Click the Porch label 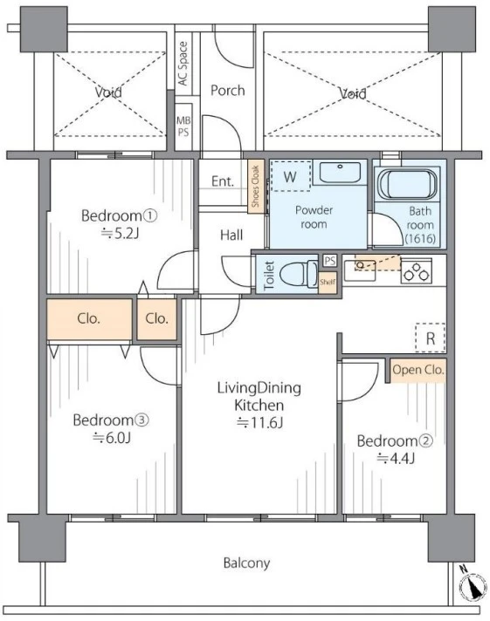(x=227, y=91)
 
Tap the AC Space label (x=183, y=64)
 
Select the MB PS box (x=183, y=126)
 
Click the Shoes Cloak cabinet (x=256, y=187)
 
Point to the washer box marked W (x=291, y=176)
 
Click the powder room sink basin (x=340, y=173)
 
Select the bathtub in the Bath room (x=407, y=185)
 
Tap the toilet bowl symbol (x=299, y=274)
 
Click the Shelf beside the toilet (x=328, y=283)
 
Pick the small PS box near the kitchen (x=329, y=261)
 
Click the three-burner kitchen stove (x=417, y=271)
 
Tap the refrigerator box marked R (x=430, y=338)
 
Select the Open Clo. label (x=418, y=370)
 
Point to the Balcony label (x=246, y=563)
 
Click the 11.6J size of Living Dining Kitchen (x=260, y=423)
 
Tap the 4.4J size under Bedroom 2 (x=395, y=459)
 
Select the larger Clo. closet (x=89, y=319)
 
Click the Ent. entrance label (x=223, y=181)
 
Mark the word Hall (x=231, y=235)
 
